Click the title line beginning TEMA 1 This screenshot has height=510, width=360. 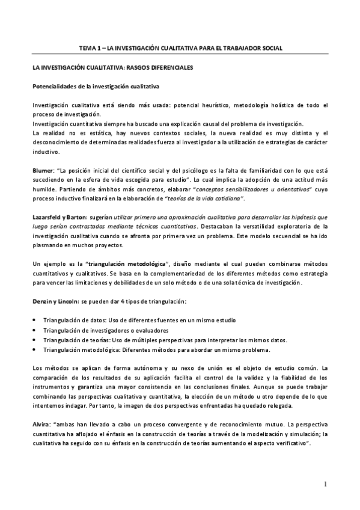(181, 48)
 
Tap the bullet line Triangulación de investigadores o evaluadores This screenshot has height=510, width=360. (106, 330)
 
